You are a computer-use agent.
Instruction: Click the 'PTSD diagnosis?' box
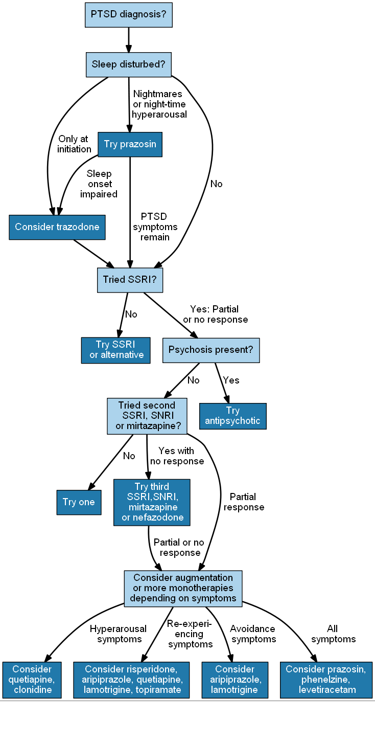[x=128, y=14]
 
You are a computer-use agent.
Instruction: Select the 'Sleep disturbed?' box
[x=128, y=64]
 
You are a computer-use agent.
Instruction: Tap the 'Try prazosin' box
[x=130, y=144]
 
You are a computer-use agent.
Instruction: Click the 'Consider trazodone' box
[x=57, y=227]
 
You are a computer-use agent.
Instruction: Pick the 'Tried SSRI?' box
[x=130, y=279]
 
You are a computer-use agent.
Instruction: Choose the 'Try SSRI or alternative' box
[x=116, y=350]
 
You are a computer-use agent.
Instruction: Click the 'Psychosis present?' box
[x=211, y=350]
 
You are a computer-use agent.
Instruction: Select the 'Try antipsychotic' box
[x=232, y=416]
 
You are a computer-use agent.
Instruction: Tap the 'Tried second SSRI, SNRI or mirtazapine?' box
[x=147, y=416]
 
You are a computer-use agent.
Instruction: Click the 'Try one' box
[x=79, y=502]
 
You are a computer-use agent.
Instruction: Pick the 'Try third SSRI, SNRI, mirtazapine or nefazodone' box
[x=152, y=502]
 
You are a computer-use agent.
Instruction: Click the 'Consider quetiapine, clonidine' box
[x=32, y=680]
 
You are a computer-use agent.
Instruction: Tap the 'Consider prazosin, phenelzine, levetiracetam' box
[x=326, y=680]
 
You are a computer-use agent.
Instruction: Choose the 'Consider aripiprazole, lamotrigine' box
[x=235, y=680]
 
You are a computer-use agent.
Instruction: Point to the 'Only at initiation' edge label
[x=74, y=144]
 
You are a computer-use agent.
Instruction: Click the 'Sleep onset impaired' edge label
[x=99, y=184]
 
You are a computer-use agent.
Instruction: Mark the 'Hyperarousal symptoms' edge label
[x=119, y=634]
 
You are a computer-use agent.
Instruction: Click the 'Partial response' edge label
[x=244, y=502]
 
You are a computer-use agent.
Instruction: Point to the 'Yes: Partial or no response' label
[x=215, y=314]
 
